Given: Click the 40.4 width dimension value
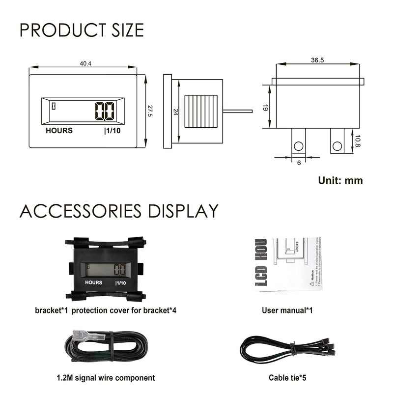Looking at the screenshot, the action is tap(86, 63).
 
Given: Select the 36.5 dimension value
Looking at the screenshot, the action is tap(317, 59).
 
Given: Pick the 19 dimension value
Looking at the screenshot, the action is tap(265, 107).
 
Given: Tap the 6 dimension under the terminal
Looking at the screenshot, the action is tap(299, 163).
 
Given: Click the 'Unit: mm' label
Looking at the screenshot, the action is tap(340, 180).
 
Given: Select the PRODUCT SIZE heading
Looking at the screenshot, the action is tap(82, 30).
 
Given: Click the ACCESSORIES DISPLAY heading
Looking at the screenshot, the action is tap(119, 211).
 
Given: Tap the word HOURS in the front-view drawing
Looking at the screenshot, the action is tap(59, 131).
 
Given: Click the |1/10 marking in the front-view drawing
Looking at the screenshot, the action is tap(112, 131).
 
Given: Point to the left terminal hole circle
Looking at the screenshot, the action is tap(298, 146).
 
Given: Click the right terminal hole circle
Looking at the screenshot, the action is tap(337, 146).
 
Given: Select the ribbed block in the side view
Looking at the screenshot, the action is tap(200, 112).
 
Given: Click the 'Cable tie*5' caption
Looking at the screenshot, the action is tap(287, 378).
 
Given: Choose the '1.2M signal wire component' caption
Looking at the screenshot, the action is tap(106, 378).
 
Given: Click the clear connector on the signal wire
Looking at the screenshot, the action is tap(88, 337).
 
